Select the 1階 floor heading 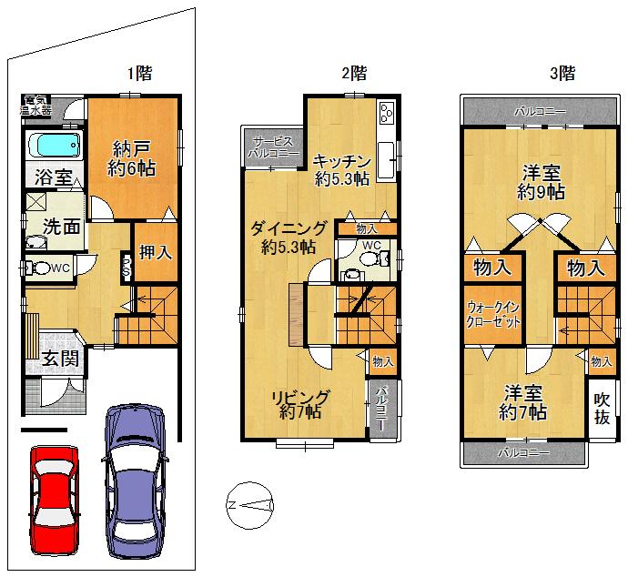coord(138,72)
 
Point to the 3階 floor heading coord(562,72)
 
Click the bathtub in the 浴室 coord(54,146)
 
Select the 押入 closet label coord(154,251)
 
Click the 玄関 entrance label coord(58,358)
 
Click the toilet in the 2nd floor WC coord(367,259)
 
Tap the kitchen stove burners coord(386,113)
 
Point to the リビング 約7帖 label coord(299,404)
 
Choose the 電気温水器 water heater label coord(36,105)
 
